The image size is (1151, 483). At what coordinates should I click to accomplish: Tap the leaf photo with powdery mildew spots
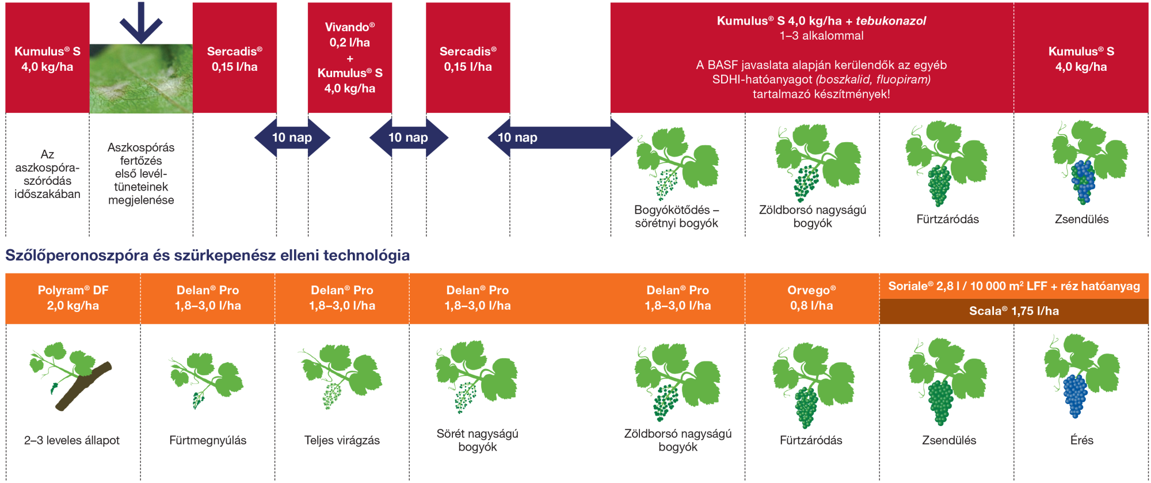point(141,79)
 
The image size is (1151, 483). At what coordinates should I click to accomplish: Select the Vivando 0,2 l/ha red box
point(349,58)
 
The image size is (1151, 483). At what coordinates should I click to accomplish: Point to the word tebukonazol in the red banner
point(891,21)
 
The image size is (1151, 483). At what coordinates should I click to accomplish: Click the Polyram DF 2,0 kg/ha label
point(73,298)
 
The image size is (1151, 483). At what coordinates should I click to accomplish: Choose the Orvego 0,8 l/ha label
point(811,298)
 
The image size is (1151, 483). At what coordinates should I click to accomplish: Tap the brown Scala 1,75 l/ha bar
point(1014,311)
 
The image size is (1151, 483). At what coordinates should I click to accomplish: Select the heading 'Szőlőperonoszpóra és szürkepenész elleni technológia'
point(207,256)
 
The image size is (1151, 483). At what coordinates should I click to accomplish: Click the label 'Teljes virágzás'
point(342,440)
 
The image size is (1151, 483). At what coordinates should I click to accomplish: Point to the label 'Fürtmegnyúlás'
point(208,440)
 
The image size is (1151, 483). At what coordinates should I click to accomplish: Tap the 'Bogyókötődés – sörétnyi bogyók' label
point(677,216)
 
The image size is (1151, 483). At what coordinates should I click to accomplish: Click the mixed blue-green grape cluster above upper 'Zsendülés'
point(1083,181)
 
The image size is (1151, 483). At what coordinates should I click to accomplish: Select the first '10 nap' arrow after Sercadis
point(292,138)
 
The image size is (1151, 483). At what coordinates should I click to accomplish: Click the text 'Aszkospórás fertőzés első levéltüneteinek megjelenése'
point(141,174)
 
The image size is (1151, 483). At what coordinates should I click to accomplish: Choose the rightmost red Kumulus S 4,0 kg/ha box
point(1081,59)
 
